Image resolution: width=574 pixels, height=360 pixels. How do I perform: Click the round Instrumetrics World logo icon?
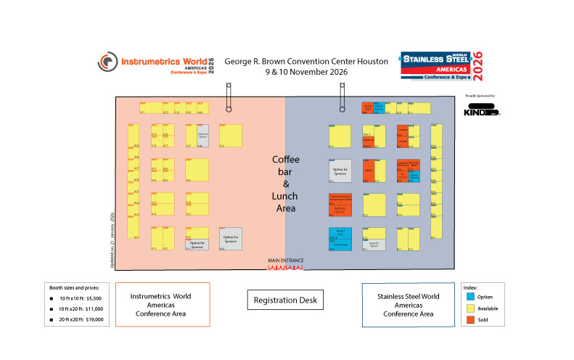[x=108, y=63]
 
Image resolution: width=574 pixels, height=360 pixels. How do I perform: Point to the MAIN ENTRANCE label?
[x=285, y=261]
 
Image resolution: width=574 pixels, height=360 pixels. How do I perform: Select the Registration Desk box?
[x=285, y=299]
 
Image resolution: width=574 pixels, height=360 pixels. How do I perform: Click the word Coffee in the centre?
[x=285, y=160]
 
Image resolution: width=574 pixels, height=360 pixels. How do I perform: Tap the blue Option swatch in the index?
[x=471, y=296]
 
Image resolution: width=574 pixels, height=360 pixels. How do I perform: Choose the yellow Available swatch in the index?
[x=471, y=308]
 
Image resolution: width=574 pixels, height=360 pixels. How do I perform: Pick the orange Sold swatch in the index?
[x=471, y=319]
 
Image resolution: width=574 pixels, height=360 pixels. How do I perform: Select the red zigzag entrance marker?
[x=285, y=268]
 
